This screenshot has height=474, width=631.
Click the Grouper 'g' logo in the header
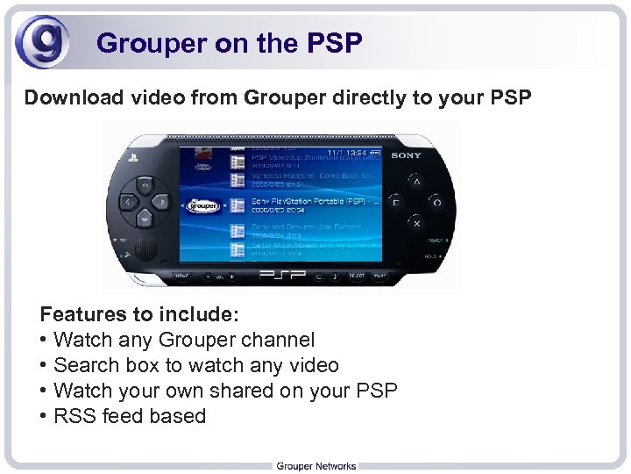tap(41, 43)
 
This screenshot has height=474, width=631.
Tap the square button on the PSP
tap(396, 202)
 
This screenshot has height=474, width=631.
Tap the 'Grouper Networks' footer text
tap(315, 465)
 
